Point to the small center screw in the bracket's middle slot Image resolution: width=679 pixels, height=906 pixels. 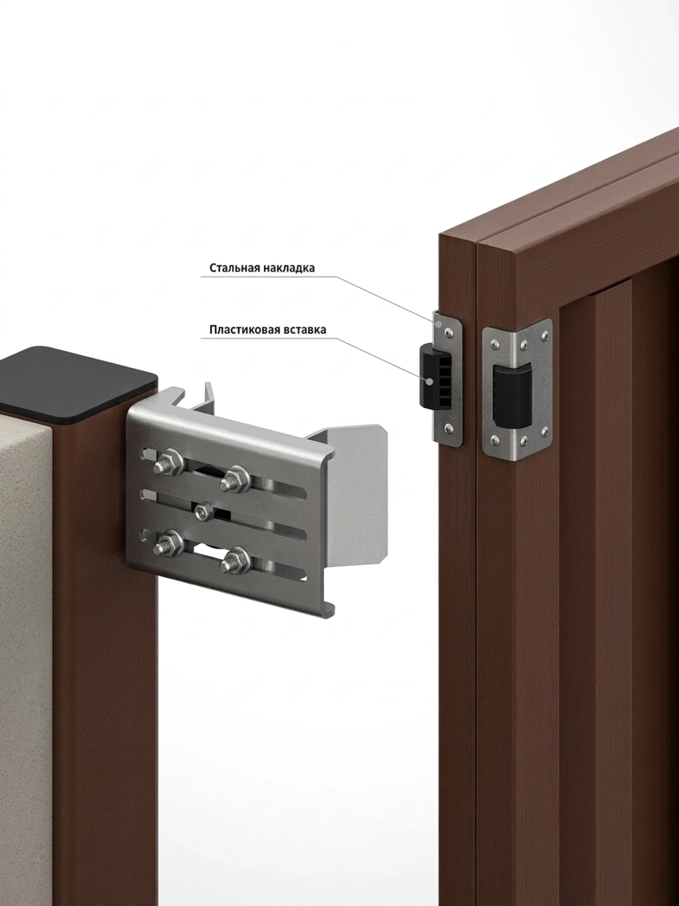point(203,512)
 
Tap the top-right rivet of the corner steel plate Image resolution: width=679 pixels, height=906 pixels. point(547,333)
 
